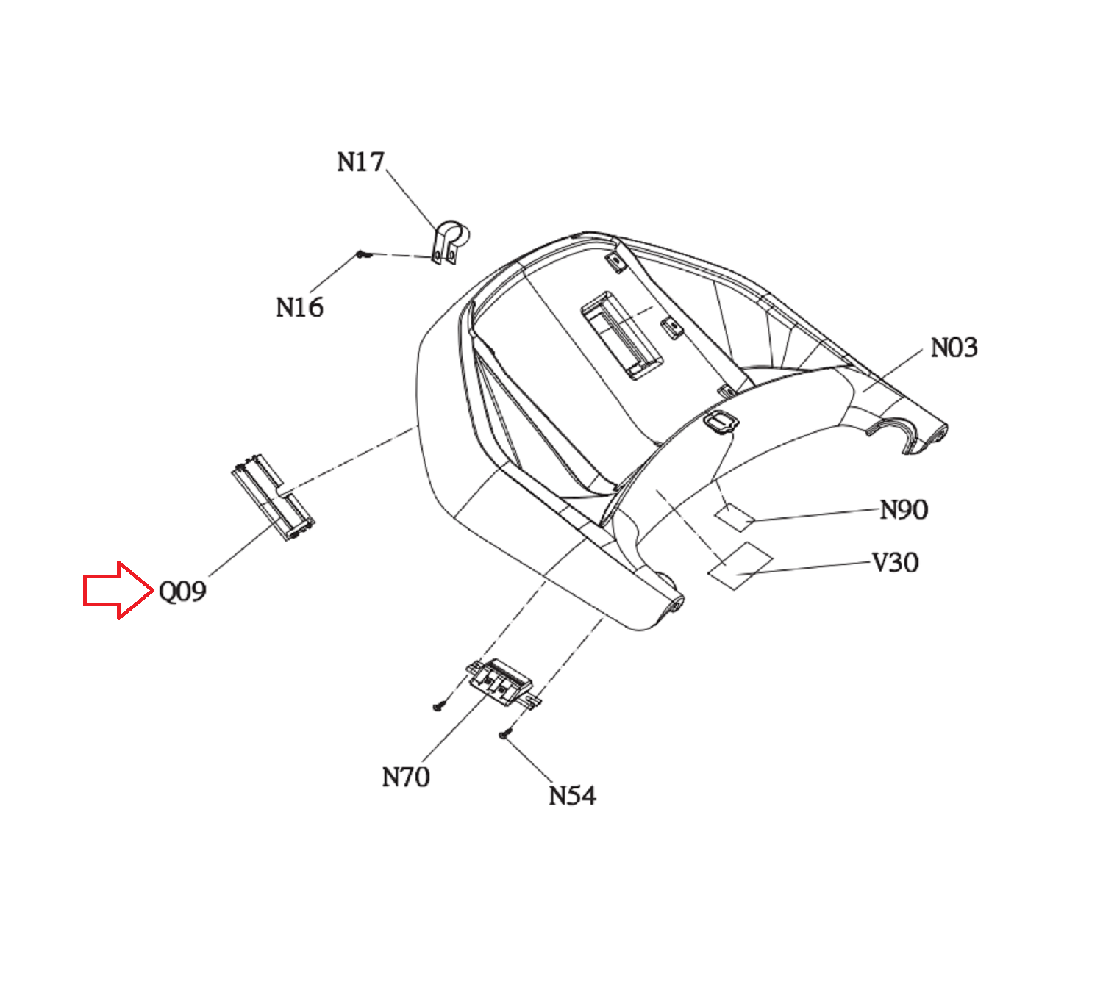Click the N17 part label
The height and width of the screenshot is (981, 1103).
[360, 162]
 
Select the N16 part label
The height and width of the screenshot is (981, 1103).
[299, 307]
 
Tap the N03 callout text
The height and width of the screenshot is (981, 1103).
[954, 348]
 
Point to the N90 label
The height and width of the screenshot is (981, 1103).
[904, 510]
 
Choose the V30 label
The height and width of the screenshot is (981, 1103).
[895, 563]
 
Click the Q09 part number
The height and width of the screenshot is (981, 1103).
[182, 591]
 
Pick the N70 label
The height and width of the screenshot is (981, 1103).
[406, 777]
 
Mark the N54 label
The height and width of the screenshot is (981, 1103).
[572, 796]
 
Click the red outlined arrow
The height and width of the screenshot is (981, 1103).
[118, 590]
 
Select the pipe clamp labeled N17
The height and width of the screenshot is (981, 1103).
[450, 242]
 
